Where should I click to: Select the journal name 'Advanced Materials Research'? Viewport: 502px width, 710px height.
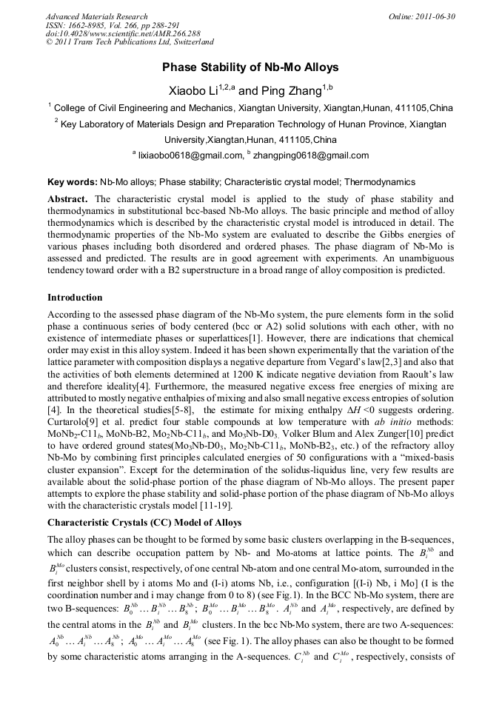pos(96,16)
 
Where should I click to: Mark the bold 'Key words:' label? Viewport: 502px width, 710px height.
pos(73,181)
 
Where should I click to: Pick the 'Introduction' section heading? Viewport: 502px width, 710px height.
pos(75,298)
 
